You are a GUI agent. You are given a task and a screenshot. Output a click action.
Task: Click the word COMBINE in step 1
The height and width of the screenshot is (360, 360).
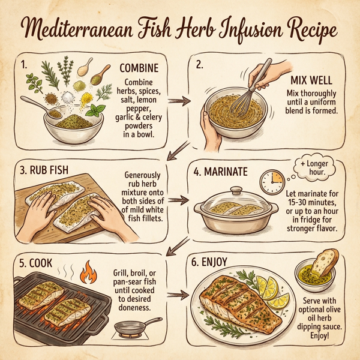(139, 68)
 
